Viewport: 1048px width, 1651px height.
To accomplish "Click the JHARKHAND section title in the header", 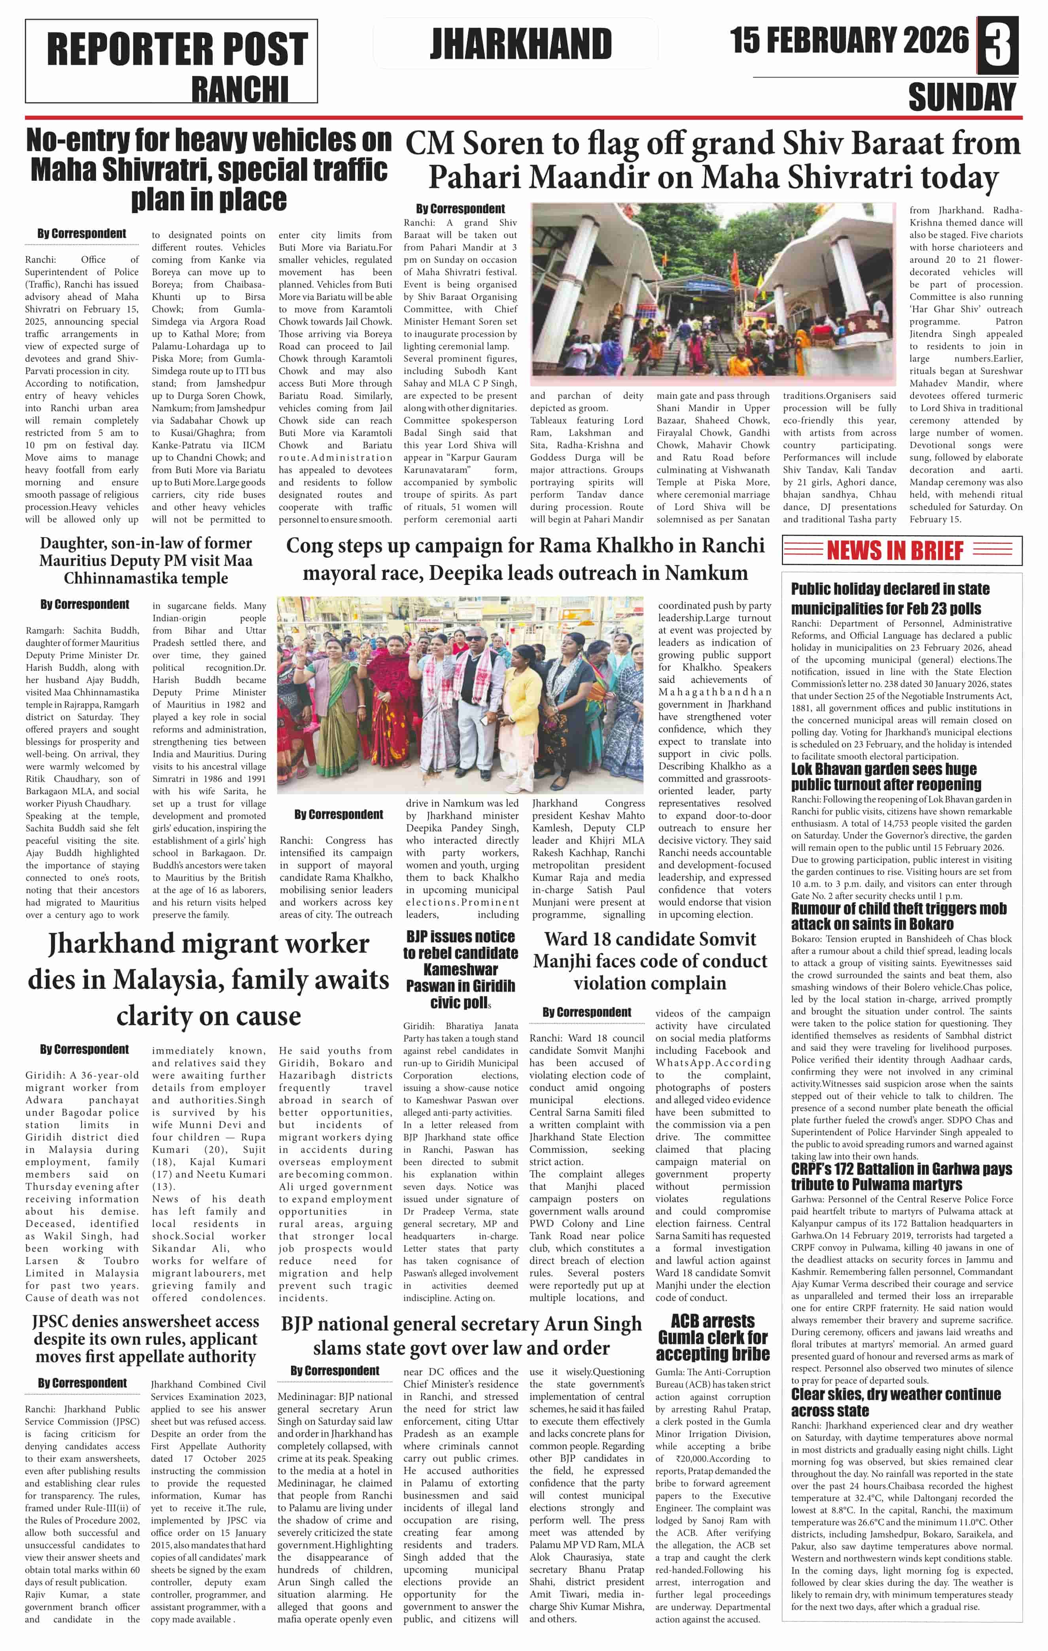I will click(x=521, y=45).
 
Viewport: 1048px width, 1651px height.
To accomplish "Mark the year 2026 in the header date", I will click(x=932, y=40).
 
